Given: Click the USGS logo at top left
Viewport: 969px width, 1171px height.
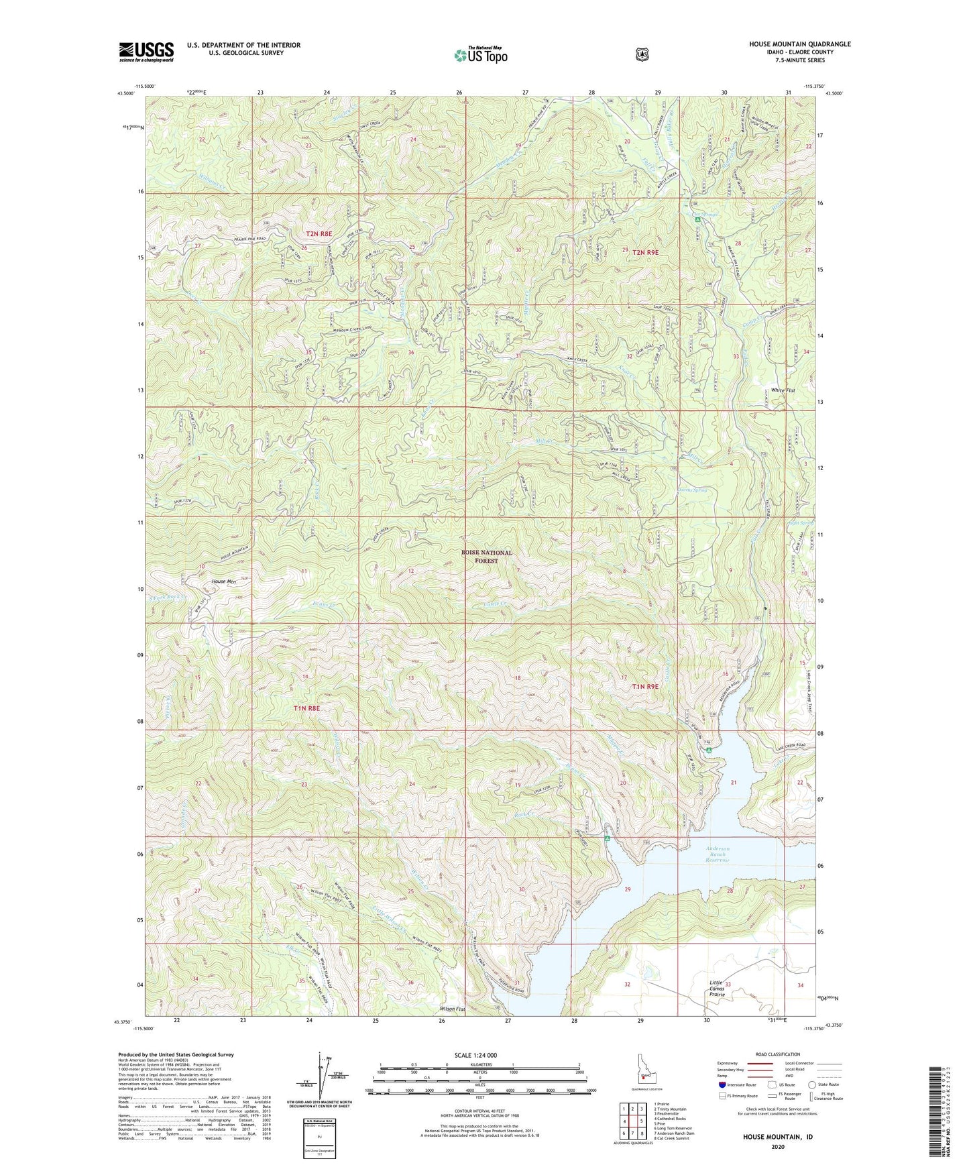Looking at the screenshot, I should [146, 52].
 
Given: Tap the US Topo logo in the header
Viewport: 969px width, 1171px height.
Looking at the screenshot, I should [479, 54].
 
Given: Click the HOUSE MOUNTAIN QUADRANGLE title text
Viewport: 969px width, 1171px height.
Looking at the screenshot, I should [799, 44].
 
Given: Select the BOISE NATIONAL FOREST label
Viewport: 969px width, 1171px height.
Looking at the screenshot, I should [486, 557].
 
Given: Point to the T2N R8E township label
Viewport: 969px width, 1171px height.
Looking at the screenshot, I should [319, 233].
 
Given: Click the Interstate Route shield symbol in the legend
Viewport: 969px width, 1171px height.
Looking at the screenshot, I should [722, 1084].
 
